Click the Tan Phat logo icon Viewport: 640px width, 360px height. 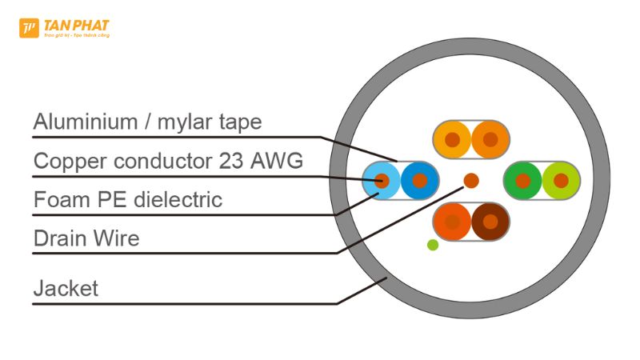(x=29, y=29)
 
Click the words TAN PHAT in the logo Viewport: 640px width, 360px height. (x=77, y=26)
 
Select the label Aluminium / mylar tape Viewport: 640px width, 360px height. (x=147, y=122)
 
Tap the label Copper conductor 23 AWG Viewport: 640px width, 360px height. (x=168, y=161)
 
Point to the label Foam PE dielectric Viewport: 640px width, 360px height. (x=128, y=198)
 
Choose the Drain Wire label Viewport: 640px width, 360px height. (x=86, y=238)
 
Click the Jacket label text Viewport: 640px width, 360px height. (x=66, y=288)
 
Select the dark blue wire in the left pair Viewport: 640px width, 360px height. (x=419, y=180)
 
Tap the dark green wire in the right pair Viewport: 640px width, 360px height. (x=522, y=181)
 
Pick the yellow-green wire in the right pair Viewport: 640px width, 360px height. (x=560, y=181)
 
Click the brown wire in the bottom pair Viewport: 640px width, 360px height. (x=490, y=222)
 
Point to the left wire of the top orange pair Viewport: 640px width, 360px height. (x=453, y=140)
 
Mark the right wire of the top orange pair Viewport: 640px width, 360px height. (x=490, y=140)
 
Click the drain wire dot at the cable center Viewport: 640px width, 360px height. (x=471, y=181)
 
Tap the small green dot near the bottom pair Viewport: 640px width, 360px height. (x=433, y=245)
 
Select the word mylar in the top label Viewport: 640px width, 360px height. (x=199, y=123)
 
